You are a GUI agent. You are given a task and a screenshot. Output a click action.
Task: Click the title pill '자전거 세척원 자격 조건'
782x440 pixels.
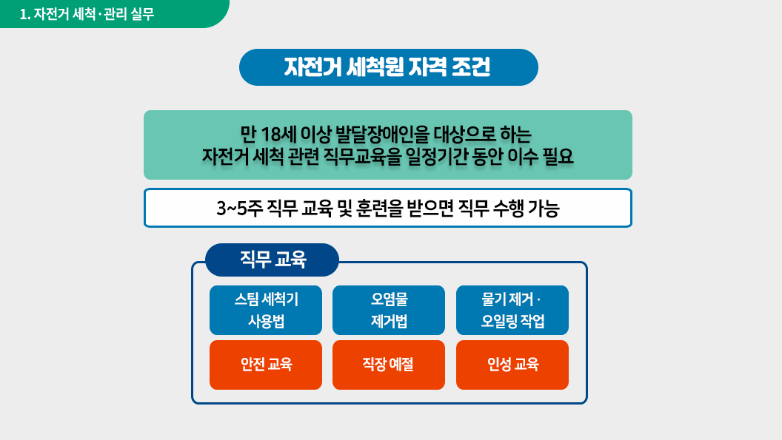389,67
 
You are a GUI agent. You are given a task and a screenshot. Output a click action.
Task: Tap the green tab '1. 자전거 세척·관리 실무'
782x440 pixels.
114,14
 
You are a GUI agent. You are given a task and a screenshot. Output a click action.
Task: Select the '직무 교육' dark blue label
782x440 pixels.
272,260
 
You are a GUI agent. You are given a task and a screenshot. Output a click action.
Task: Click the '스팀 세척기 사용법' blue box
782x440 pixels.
266,310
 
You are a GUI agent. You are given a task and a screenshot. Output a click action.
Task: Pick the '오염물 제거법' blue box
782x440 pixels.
389,310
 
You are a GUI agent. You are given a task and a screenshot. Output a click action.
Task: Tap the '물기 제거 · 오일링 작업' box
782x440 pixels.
512,310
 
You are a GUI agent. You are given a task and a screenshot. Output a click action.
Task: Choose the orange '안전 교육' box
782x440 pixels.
266,365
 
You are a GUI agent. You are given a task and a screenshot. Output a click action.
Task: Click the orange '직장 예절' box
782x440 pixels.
389,365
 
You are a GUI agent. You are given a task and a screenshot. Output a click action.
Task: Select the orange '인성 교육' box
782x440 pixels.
512,365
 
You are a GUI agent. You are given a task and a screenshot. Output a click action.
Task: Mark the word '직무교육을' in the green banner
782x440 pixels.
363,157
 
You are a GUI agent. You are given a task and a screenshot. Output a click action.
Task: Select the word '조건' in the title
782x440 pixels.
471,67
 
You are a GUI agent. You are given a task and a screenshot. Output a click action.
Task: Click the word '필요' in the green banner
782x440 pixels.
558,157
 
